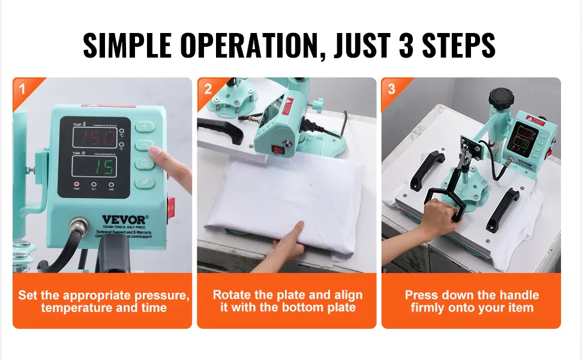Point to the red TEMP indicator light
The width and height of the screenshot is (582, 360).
click(x=76, y=185)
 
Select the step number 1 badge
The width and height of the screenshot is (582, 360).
click(x=22, y=90)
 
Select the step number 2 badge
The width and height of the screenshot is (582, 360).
click(x=208, y=90)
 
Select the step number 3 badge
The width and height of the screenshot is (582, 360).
click(x=392, y=90)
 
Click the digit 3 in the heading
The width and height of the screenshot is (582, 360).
click(x=407, y=46)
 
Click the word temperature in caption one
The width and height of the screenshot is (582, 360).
click(x=76, y=308)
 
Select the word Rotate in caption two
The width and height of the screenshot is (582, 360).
click(x=232, y=295)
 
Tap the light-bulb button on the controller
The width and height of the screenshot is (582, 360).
click(x=145, y=163)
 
